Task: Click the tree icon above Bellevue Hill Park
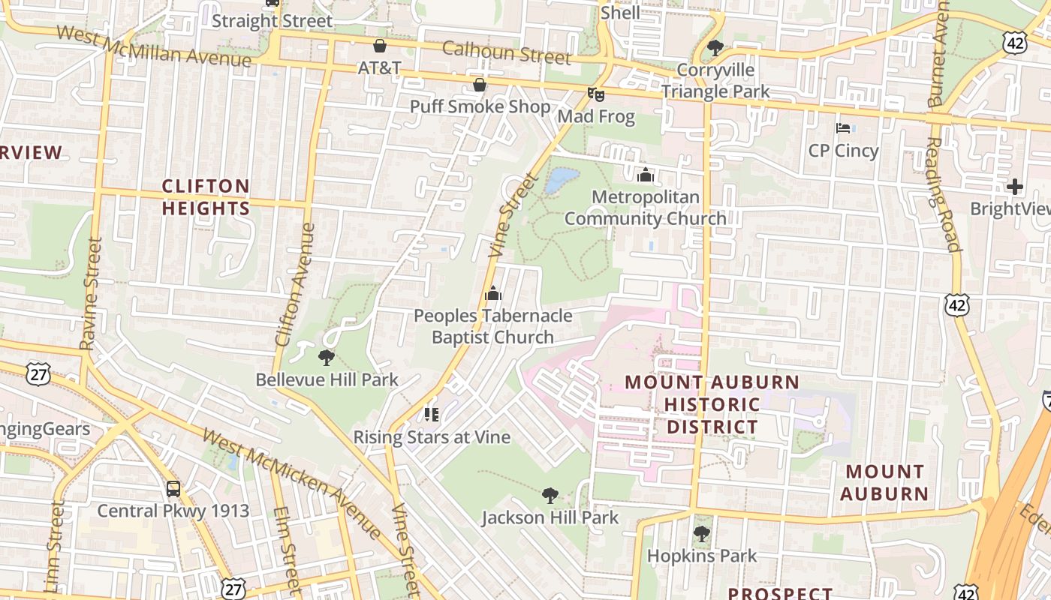(326, 357)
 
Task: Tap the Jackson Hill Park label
(550, 517)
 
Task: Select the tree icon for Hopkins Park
(702, 534)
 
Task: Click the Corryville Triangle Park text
(715, 80)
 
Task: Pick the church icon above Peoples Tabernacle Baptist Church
(492, 293)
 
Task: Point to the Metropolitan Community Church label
(645, 208)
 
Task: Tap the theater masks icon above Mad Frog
(595, 94)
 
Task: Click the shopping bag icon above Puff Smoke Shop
(479, 85)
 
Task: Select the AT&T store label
(379, 67)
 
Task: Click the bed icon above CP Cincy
(843, 128)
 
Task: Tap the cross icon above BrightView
(1015, 187)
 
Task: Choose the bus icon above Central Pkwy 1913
(173, 489)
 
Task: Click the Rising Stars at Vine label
(432, 436)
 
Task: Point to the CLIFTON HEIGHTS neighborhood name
(206, 197)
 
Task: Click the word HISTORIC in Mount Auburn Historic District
(712, 405)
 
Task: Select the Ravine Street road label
(91, 293)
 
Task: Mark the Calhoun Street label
(507, 52)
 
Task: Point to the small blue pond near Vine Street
(562, 180)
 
